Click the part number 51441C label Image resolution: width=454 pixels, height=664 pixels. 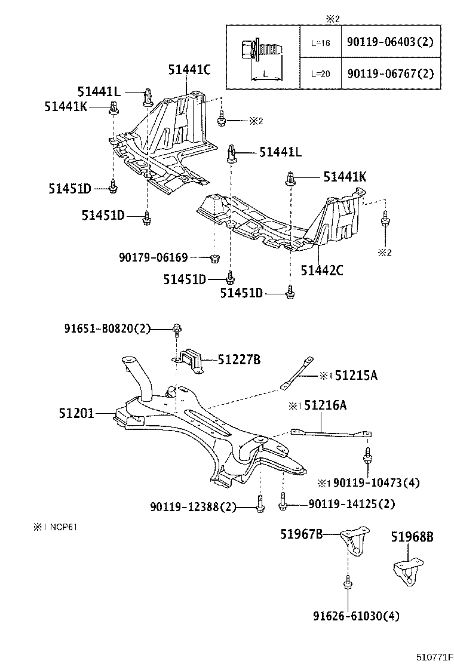tap(189, 70)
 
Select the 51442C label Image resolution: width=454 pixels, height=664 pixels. tap(321, 270)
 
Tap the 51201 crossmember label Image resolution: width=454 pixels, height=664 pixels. tap(76, 413)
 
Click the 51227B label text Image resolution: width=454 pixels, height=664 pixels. tap(239, 359)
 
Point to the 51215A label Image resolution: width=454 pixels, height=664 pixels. tap(355, 376)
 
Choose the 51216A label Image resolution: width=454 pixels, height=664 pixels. tap(325, 406)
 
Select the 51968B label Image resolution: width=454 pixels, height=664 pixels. tap(412, 537)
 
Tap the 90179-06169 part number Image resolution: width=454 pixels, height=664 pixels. tap(153, 257)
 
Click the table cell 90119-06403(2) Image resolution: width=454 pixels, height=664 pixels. tap(389, 42)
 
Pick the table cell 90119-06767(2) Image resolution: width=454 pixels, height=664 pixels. tap(389, 73)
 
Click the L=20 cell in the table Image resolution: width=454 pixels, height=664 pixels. tap(320, 73)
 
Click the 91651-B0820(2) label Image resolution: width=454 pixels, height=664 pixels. tap(108, 328)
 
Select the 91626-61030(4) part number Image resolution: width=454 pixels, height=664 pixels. tap(355, 615)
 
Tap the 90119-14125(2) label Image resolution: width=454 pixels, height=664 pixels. tap(352, 504)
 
